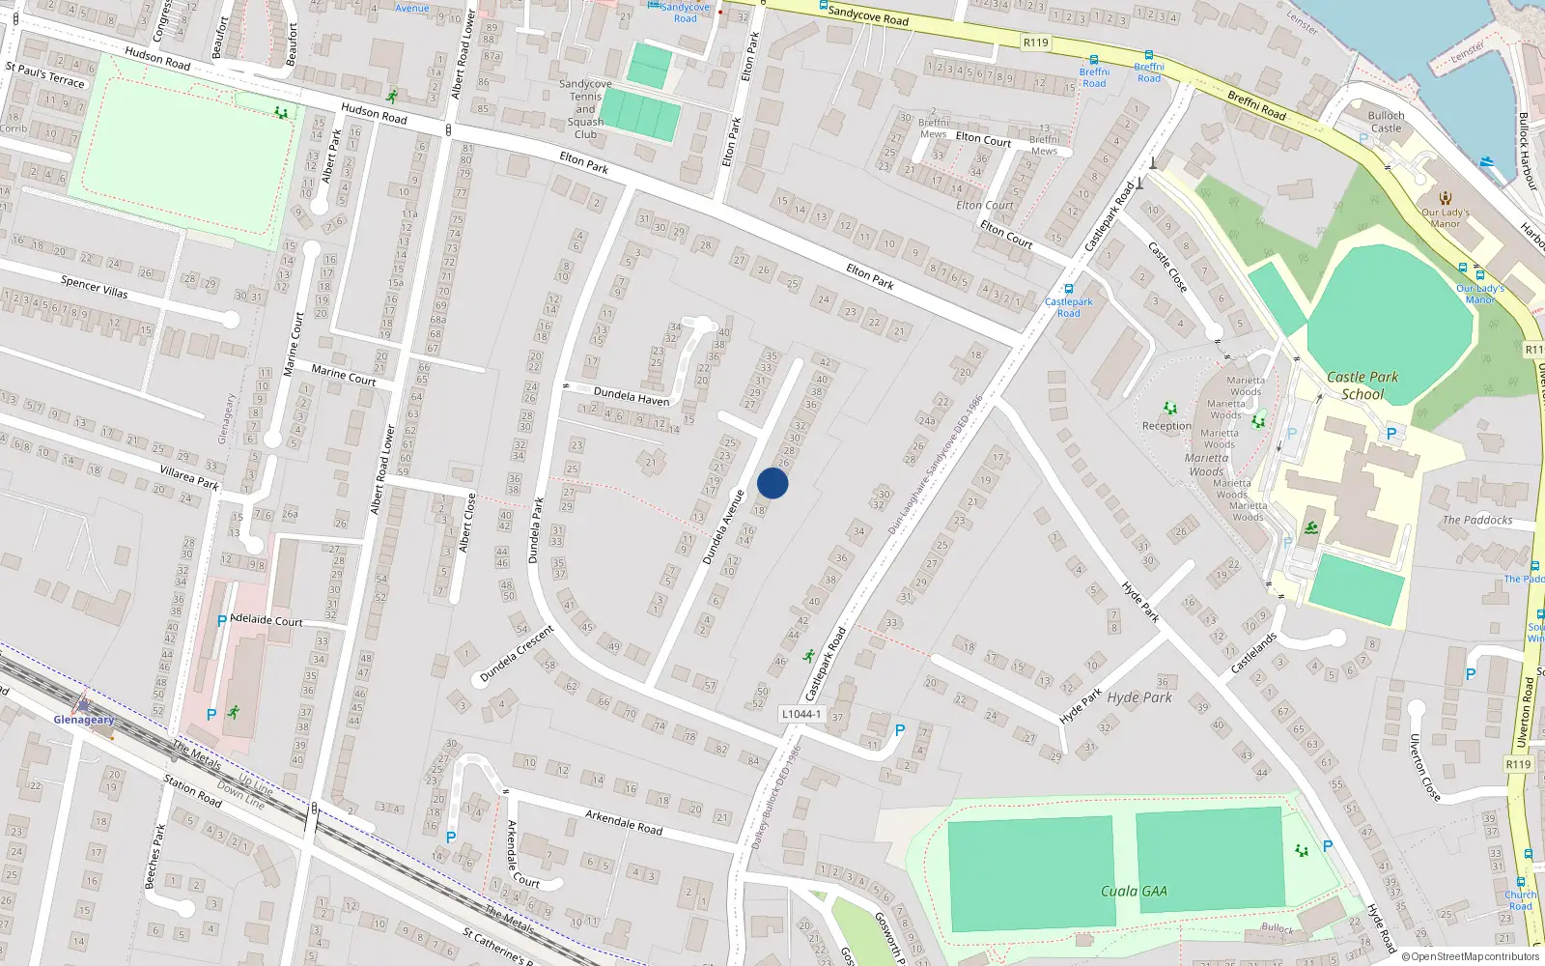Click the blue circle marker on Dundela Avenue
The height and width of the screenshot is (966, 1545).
(x=772, y=483)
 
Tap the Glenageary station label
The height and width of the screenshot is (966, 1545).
(x=84, y=720)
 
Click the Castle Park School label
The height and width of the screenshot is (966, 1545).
(x=1362, y=385)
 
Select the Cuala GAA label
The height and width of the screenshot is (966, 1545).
(x=1134, y=891)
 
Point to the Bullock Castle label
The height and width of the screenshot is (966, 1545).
(x=1386, y=122)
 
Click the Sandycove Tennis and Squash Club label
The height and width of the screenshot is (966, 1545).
(x=585, y=109)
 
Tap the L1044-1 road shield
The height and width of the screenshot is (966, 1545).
(x=801, y=714)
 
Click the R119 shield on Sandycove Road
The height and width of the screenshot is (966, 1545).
(x=1036, y=43)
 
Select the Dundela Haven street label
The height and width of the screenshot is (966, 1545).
(x=632, y=396)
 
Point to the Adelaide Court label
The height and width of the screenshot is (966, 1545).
(x=267, y=620)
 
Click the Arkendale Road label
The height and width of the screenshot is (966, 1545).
(x=624, y=822)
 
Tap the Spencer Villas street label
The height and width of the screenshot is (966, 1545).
(x=94, y=287)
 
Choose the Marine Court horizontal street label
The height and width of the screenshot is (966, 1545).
(x=344, y=374)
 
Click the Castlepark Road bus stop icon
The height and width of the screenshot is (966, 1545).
(x=1068, y=289)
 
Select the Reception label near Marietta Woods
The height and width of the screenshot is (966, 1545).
(x=1166, y=426)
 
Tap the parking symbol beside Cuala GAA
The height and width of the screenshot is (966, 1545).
(x=1327, y=846)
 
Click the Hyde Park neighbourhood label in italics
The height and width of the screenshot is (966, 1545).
(x=1139, y=697)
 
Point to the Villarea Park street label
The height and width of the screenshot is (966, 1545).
(x=189, y=476)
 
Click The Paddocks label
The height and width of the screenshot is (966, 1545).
(x=1477, y=520)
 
